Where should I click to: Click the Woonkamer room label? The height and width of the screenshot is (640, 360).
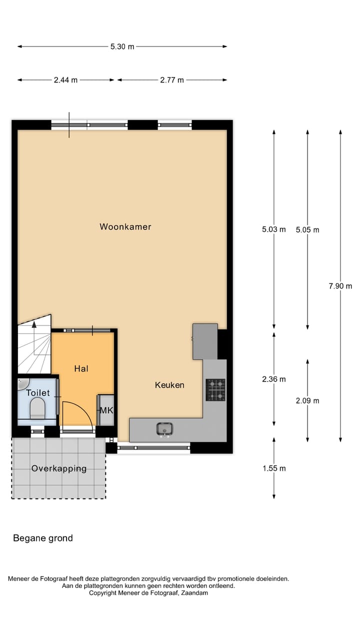tap(125, 226)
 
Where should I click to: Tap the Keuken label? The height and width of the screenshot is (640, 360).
tap(169, 385)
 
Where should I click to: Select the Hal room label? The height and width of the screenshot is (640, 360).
tap(81, 368)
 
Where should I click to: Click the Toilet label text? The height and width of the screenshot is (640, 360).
tap(38, 393)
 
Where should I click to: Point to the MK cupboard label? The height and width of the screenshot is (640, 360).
tap(106, 410)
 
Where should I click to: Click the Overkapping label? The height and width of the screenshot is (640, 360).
tap(59, 468)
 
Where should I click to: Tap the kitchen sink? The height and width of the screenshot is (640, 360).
tap(164, 429)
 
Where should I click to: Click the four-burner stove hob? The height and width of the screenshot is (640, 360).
tap(215, 390)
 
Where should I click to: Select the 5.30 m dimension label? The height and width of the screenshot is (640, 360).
tap(122, 46)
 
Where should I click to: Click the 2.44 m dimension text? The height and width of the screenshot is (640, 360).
tap(65, 80)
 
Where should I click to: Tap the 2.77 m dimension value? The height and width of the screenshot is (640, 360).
tap(172, 80)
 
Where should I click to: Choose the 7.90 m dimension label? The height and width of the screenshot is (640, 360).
tap(340, 286)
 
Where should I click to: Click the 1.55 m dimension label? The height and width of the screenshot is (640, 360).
tap(273, 468)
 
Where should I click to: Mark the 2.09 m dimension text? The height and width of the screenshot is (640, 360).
tap(307, 400)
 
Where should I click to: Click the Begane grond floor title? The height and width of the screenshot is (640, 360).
tap(43, 538)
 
